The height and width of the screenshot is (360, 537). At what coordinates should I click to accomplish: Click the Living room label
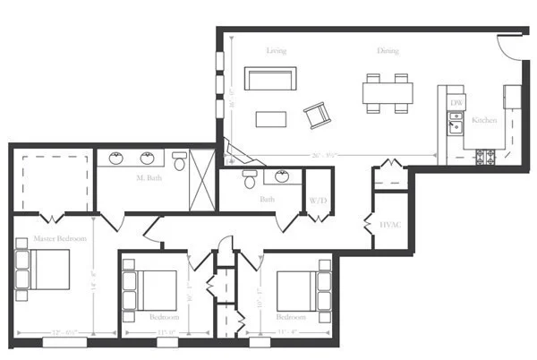(277, 51)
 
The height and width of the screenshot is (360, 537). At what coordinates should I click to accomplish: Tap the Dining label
(388, 51)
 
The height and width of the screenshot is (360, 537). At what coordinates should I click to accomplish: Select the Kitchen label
(484, 120)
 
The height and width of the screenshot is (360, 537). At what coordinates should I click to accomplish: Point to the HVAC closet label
(389, 224)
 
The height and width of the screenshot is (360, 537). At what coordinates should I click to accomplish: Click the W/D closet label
(317, 200)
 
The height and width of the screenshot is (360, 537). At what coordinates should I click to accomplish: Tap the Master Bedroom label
(60, 239)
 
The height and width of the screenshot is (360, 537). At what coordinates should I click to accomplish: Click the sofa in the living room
(272, 79)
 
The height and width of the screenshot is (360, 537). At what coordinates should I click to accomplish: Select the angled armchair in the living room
(317, 115)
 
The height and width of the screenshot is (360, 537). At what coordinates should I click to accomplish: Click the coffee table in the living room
(270, 118)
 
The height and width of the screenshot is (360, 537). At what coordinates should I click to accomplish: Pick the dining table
(388, 93)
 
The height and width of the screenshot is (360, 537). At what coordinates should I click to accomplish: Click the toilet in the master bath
(179, 162)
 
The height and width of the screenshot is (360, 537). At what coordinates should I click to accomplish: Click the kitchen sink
(455, 123)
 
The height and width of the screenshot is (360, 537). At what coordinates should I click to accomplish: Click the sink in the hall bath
(283, 176)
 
